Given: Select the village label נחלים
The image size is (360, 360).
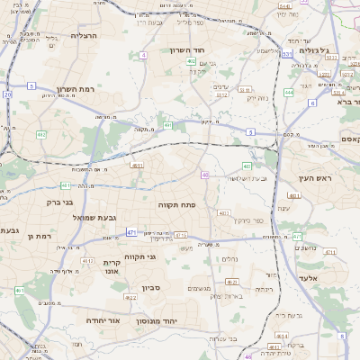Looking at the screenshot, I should click(229, 259).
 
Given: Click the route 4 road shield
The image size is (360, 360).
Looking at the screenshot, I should click(143, 55).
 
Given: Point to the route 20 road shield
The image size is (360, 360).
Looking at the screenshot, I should click(7, 94).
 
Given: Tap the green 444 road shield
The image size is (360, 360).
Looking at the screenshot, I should click(289, 92).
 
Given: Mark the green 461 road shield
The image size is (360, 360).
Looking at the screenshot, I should click(19, 291).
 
